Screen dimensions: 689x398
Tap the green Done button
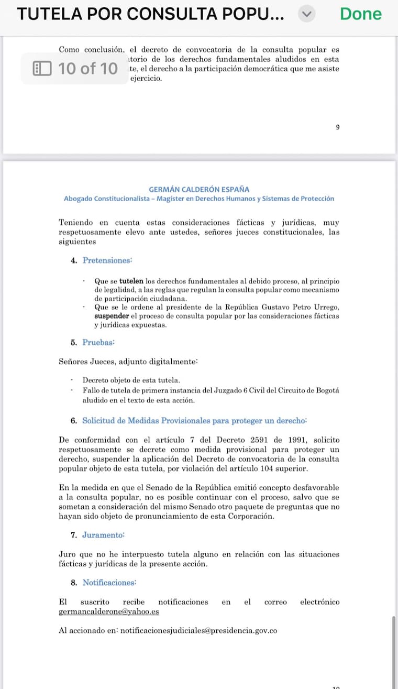360,14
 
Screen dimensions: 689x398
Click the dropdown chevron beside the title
307,15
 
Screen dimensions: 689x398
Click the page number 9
338,127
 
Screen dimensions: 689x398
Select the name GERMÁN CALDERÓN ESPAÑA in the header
199,189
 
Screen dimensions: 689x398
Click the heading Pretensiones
107,260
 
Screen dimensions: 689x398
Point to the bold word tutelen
130,281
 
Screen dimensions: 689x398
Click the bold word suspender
111,316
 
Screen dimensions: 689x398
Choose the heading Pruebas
98,342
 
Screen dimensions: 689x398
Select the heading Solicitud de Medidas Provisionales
194,420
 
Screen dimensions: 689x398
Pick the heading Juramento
104,535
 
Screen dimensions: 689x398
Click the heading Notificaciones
109,582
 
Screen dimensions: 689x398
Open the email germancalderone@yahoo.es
109,611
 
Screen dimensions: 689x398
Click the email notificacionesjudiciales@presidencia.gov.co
198,631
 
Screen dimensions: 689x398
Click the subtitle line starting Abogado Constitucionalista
199,199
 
